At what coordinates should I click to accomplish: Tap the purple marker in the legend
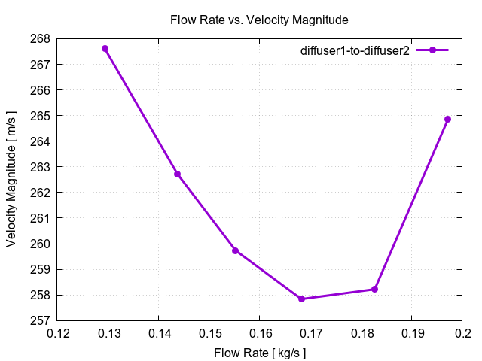[432, 50]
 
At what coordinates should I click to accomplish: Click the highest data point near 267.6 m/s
[105, 49]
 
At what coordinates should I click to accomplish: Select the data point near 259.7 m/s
[236, 250]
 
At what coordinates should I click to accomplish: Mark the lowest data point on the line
[301, 299]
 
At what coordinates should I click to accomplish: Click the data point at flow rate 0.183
[374, 289]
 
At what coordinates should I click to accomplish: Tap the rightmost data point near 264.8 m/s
[447, 119]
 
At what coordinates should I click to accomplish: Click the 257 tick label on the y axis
[41, 320]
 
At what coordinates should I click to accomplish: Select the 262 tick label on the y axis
[41, 193]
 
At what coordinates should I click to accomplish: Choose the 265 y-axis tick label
[41, 116]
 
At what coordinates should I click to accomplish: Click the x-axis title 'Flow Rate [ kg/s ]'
[260, 352]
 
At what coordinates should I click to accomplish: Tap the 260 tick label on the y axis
[41, 244]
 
